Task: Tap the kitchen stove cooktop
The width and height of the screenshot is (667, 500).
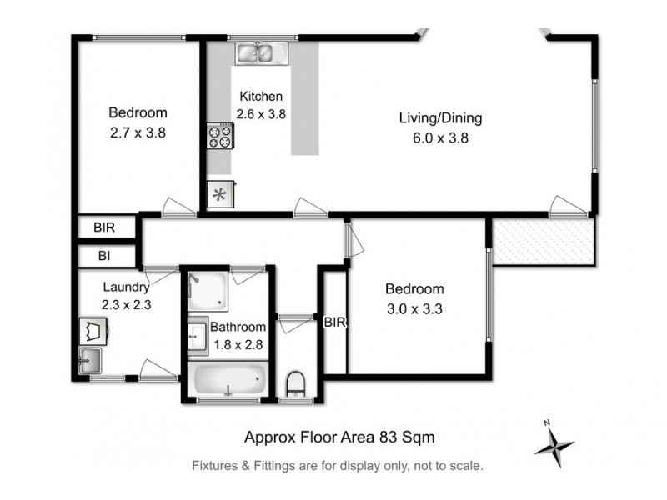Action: coord(220,136)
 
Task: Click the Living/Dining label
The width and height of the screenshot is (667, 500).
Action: coord(439,118)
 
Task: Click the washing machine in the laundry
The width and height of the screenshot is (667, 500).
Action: coord(93,330)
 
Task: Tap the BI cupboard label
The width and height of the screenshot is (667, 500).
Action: coord(103,255)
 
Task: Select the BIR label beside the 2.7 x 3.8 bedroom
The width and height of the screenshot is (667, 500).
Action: coord(104,227)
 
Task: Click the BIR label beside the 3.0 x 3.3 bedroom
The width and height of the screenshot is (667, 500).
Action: coord(335,322)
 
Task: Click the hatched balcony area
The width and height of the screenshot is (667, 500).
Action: coord(543,242)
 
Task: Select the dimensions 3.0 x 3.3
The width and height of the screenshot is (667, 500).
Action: coord(414,308)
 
